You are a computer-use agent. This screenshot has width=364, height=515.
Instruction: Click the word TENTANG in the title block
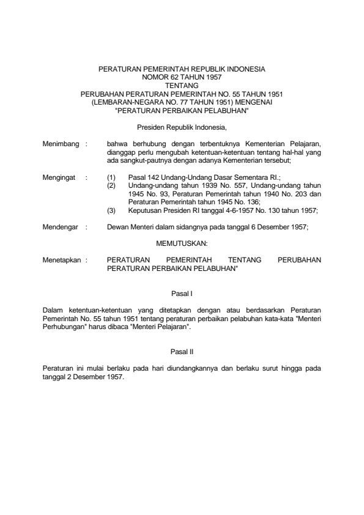tap(182, 86)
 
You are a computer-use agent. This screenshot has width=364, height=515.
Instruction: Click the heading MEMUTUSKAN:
tap(182, 243)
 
